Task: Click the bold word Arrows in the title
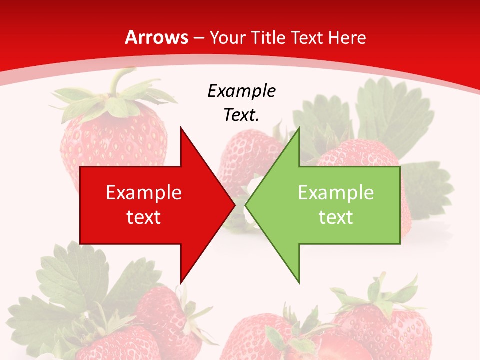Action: coord(157,37)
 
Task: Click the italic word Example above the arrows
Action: coord(241,91)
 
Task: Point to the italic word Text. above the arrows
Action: coord(241,115)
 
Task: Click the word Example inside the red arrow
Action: coord(143,192)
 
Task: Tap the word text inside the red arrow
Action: coord(143,217)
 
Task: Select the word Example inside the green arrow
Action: coord(336,192)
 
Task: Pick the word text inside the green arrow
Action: coord(336,217)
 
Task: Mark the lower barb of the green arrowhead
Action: coord(298,279)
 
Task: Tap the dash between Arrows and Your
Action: coord(198,38)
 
